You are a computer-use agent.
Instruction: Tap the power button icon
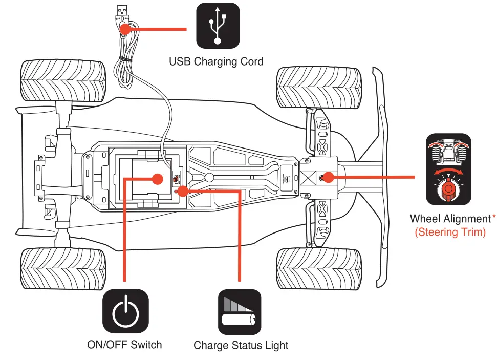coord(125,312)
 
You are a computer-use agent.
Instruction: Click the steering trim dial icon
coord(448,170)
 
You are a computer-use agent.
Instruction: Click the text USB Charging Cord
coord(216,62)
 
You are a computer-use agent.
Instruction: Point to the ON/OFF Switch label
coord(124,345)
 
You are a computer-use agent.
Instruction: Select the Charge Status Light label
coord(241,346)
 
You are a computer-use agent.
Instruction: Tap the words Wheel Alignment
coord(450,219)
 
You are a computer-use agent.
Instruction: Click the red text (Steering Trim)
coord(450,232)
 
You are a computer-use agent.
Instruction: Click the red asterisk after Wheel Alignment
coord(494,218)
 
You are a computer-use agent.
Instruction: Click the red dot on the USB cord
coord(124,29)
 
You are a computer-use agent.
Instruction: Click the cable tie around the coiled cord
coord(123,59)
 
